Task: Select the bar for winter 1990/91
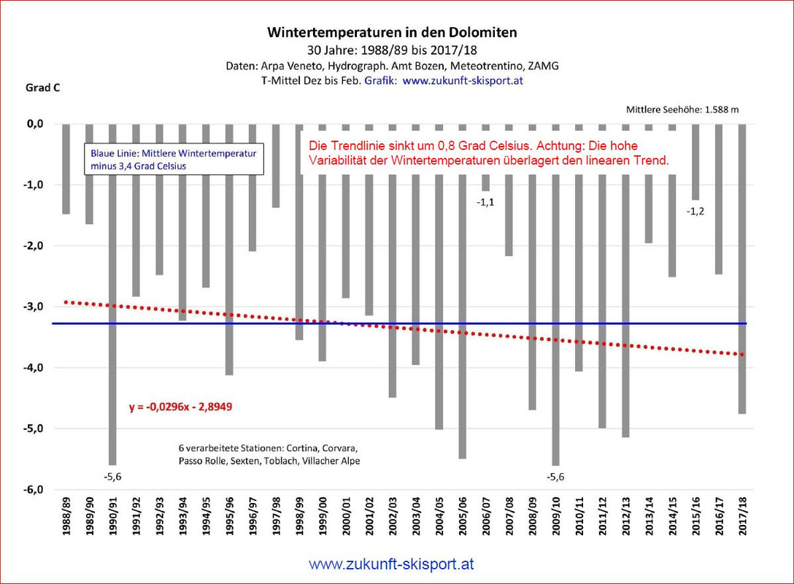coord(112,292)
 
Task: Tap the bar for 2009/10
coord(555,292)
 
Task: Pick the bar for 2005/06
coord(462,292)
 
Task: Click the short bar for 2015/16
coord(695,161)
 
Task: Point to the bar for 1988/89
coord(66,169)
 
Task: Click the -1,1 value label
coord(486,202)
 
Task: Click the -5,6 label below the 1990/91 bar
coord(112,477)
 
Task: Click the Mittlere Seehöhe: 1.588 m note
coord(682,110)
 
